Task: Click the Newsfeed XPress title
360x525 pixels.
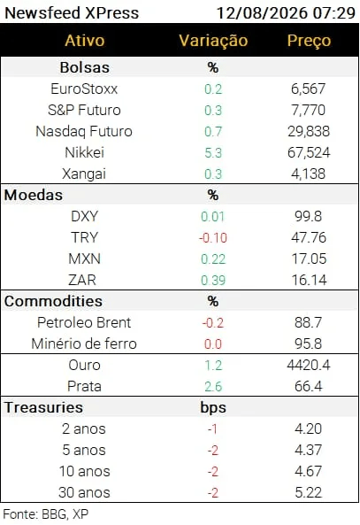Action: click(x=72, y=13)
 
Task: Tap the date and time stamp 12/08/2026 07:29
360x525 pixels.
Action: click(x=286, y=13)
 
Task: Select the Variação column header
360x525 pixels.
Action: click(x=213, y=41)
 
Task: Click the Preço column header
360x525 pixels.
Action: click(x=309, y=42)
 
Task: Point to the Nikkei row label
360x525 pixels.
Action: click(x=84, y=152)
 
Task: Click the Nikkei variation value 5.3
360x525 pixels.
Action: click(x=213, y=153)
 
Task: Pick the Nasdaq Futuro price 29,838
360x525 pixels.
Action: click(x=309, y=132)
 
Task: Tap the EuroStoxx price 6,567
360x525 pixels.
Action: click(x=308, y=89)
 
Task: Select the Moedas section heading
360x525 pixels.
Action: click(x=33, y=195)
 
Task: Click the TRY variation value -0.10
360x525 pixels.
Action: click(x=213, y=238)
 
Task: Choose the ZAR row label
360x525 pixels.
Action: click(x=82, y=281)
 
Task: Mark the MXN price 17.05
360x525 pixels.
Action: click(x=309, y=259)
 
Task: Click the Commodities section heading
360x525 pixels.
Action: click(x=53, y=301)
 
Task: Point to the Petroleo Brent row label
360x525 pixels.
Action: click(x=84, y=323)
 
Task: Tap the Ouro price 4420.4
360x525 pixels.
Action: click(x=309, y=365)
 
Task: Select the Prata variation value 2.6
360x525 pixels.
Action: click(x=213, y=387)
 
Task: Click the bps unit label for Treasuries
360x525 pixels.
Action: click(x=213, y=408)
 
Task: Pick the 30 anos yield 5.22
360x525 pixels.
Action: click(x=308, y=492)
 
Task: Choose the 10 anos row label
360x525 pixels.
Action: click(x=84, y=471)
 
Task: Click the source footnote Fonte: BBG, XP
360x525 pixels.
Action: click(x=45, y=514)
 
